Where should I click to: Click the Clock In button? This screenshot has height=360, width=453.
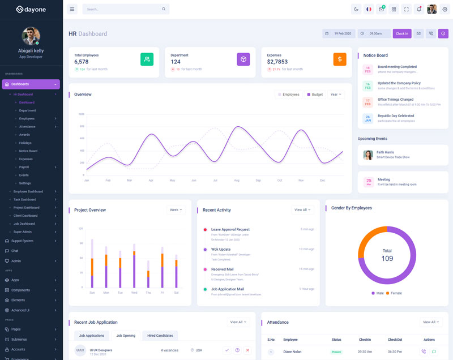pos(402,33)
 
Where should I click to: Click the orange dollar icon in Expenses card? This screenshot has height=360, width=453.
pos(340,59)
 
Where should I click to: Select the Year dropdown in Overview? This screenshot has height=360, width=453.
pos(336,95)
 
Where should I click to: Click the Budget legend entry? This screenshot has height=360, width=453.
pos(315,95)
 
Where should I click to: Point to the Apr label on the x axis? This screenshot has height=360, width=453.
pos(151,180)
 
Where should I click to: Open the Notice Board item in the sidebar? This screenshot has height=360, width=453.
pos(28,151)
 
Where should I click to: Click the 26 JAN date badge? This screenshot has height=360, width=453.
pos(367,118)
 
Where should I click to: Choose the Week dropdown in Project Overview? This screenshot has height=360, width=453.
pos(176,210)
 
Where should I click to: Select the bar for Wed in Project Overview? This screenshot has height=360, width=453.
pos(134,266)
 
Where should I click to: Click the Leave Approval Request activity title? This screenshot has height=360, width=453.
pos(230,229)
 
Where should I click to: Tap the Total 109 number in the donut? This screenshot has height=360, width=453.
pos(387,259)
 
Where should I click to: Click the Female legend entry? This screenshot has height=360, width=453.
pos(395,293)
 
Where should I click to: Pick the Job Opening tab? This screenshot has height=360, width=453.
pos(126,336)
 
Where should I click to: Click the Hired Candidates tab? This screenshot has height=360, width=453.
pos(160,336)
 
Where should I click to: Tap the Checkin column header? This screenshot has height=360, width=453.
pos(365,340)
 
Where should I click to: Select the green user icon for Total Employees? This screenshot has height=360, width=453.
pos(147,59)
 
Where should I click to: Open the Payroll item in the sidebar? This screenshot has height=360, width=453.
pos(24,167)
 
